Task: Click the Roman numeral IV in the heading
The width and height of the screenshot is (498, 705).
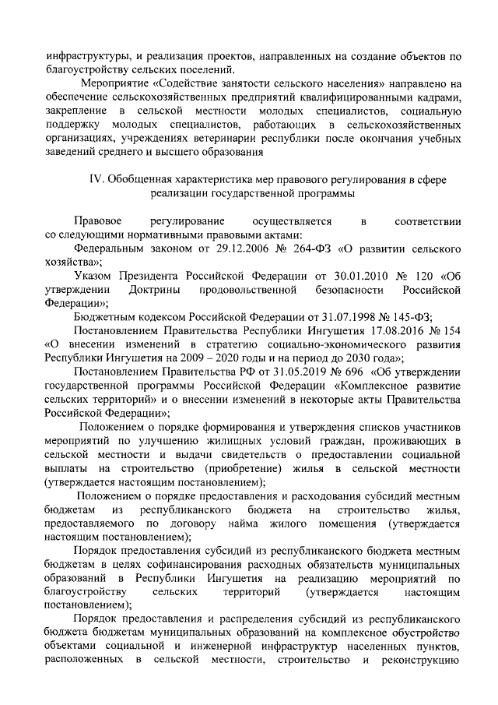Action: click(97, 180)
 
